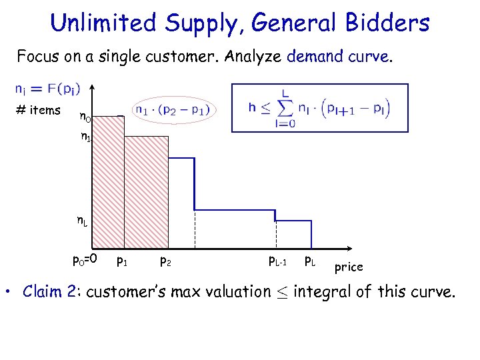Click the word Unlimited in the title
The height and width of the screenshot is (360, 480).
point(102,23)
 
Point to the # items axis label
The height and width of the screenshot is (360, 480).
point(41,111)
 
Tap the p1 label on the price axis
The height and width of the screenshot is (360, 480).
point(122,261)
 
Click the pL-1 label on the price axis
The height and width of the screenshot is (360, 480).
point(277,261)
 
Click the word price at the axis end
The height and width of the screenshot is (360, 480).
point(349,267)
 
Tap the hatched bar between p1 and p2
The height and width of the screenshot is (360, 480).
point(146,193)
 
